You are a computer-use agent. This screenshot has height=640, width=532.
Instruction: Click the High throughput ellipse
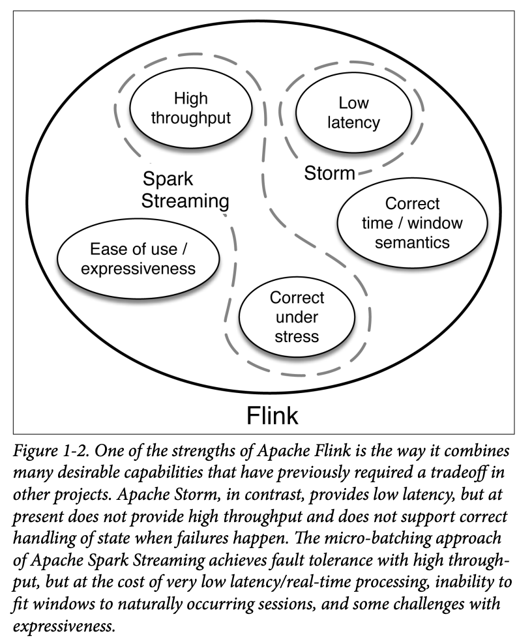pyautogui.click(x=190, y=109)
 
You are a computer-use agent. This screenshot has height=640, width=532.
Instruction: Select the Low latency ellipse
pyautogui.click(x=353, y=112)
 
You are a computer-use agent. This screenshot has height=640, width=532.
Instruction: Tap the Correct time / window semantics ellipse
pyautogui.click(x=412, y=223)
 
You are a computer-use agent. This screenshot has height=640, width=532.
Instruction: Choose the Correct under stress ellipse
pyautogui.click(x=297, y=317)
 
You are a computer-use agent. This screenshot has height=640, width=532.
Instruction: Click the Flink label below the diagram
pyautogui.click(x=272, y=415)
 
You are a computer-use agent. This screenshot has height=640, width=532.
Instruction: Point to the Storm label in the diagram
pyautogui.click(x=329, y=173)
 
